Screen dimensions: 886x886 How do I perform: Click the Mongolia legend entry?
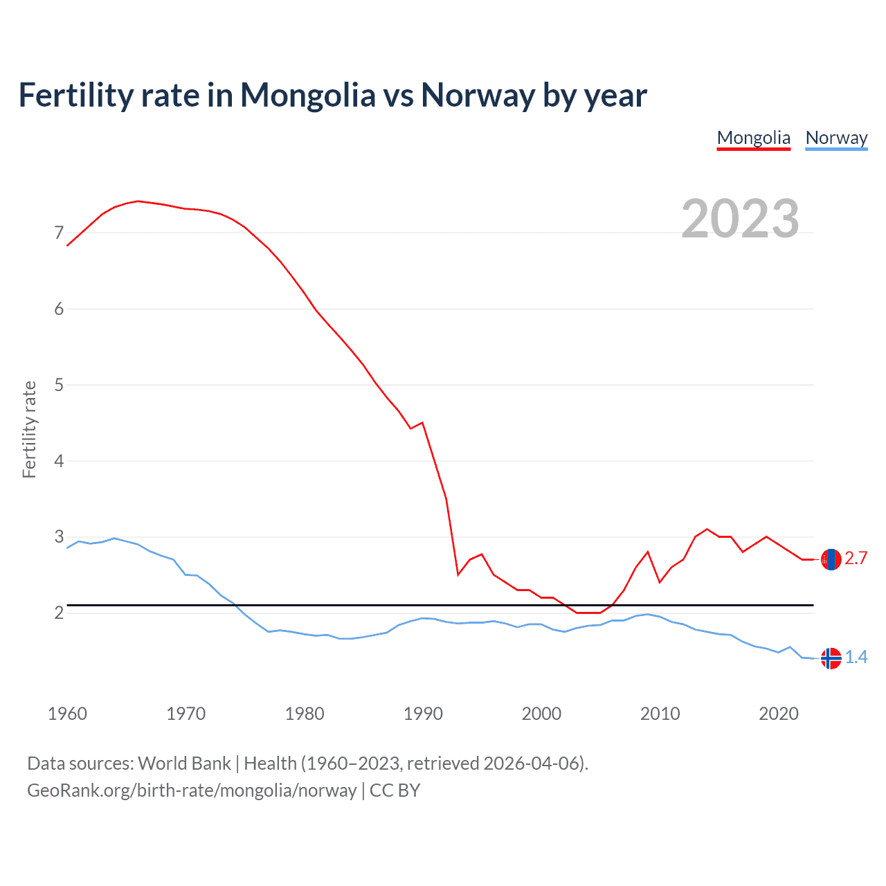pos(753,138)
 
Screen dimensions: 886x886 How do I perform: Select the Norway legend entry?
pos(836,138)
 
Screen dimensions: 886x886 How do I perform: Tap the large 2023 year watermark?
pos(740,219)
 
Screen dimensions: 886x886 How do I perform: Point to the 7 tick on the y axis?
pos(59,233)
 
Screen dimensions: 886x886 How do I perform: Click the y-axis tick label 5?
pos(59,385)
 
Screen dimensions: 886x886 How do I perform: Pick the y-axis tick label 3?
pos(59,537)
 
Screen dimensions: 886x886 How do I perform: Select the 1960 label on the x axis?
pos(67,714)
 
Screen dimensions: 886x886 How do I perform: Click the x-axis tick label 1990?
pos(423,714)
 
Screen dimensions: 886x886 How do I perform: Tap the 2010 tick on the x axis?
pos(660,714)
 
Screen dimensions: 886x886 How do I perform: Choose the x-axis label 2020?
pos(779,714)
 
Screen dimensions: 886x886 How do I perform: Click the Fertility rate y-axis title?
pos(29,429)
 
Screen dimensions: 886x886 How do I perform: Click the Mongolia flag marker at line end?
pos(831,559)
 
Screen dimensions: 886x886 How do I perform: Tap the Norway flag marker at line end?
pos(831,658)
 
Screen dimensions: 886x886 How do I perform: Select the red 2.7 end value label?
pos(856,559)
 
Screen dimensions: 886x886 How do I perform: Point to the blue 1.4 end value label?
pos(856,658)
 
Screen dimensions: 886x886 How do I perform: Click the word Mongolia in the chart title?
pos(307,96)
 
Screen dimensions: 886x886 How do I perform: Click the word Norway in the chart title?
pos(478,96)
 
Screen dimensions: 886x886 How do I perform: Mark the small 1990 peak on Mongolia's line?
pos(422,422)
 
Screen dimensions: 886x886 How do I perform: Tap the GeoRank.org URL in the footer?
pos(192,790)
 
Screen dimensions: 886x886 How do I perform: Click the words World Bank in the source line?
pos(184,763)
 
